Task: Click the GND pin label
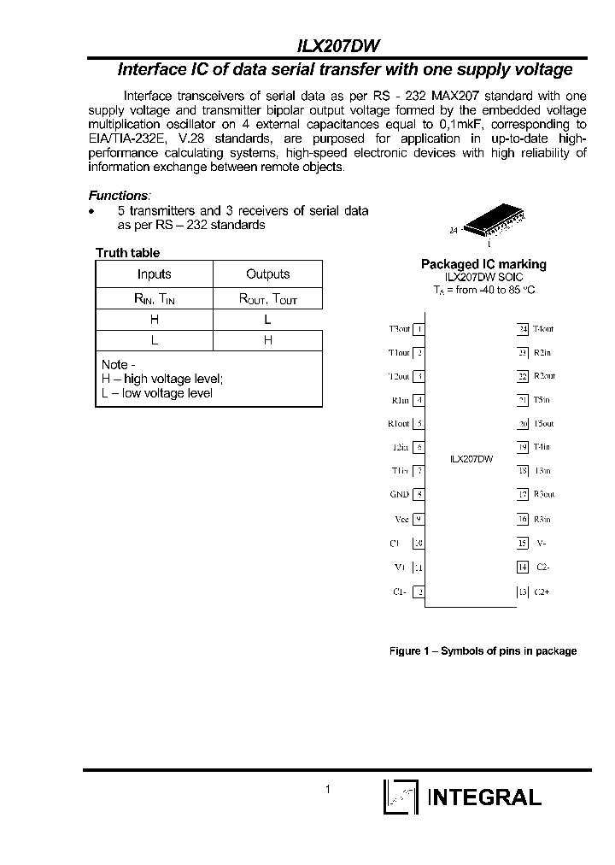tap(399, 494)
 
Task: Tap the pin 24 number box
tap(523, 328)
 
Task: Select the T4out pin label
tap(543, 328)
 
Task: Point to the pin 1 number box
tap(419, 328)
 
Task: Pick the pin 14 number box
tap(523, 567)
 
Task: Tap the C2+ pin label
tap(542, 591)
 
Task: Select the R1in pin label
tap(400, 399)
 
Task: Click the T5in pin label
tap(542, 399)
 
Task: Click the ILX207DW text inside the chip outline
tap(471, 459)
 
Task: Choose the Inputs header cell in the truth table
tap(154, 274)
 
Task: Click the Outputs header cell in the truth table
tap(267, 274)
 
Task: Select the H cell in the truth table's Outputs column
tap(267, 340)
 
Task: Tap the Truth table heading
tap(127, 253)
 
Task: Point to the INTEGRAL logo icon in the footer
tap(400, 797)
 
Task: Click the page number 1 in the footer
tap(327, 790)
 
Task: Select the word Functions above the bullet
tap(119, 196)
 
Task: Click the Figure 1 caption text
tap(483, 651)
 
